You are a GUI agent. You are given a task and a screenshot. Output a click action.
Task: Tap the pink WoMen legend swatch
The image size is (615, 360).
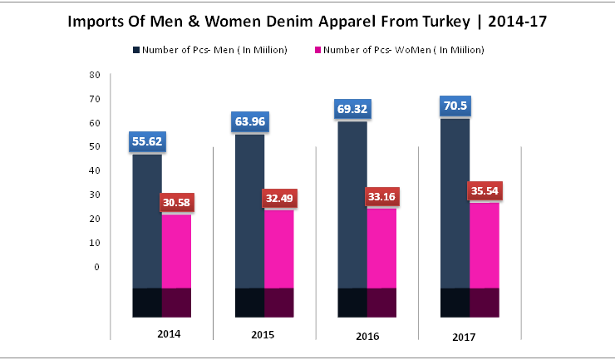coord(316,51)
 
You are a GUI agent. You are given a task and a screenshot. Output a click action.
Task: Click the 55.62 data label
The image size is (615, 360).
coord(147,141)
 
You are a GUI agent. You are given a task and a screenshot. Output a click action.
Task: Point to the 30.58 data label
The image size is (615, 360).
coord(176,204)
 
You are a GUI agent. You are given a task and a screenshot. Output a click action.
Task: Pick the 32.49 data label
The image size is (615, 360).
coord(279,199)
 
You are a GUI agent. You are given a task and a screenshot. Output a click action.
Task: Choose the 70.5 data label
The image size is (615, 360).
coord(455,106)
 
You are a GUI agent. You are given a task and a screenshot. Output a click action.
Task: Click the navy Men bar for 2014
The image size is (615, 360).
coord(147,224)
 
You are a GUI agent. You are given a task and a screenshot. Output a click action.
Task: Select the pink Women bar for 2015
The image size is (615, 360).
coord(279,249)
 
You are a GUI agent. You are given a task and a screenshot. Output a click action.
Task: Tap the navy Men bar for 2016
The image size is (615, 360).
coord(353,208)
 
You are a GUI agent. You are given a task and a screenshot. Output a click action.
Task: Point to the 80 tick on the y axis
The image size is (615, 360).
coord(95,75)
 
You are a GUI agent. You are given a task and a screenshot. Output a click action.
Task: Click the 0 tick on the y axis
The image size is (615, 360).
coord(97,267)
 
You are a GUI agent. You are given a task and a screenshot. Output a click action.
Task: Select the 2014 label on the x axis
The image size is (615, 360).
coord(169,334)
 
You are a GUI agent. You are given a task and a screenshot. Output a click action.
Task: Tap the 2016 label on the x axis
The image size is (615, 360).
coord(367,336)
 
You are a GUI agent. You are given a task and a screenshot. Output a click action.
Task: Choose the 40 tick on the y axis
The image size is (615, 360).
coord(95,170)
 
